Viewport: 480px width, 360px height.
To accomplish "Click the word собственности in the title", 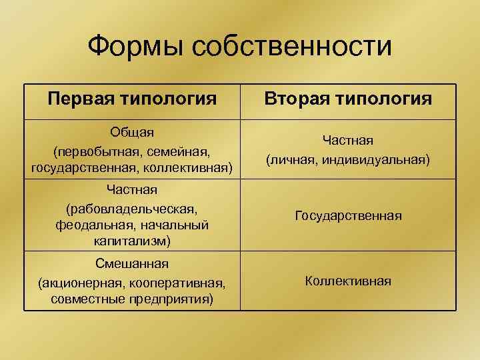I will [292, 46].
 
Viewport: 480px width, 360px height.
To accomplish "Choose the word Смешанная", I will [132, 265].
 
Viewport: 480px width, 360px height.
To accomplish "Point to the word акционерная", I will [78, 283].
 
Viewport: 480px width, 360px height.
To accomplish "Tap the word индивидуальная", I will [375, 160].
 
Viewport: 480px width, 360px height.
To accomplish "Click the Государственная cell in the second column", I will [348, 215].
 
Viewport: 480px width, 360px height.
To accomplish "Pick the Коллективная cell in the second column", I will [348, 281].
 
